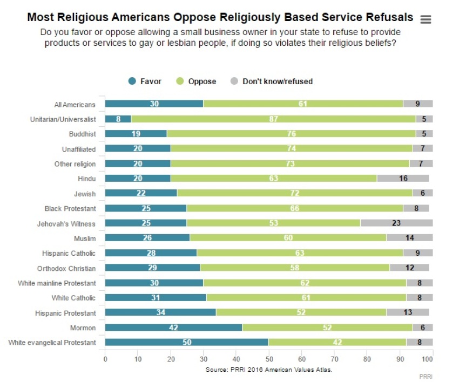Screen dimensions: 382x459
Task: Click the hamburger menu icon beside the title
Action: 426,19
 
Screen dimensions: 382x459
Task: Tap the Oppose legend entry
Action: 197,81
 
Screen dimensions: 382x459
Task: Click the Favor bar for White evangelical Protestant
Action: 186,342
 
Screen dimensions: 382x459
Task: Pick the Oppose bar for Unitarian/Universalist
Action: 273,118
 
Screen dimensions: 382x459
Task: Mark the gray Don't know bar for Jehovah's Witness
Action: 396,222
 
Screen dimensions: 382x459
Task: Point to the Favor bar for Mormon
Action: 173,328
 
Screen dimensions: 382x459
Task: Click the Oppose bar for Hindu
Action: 274,178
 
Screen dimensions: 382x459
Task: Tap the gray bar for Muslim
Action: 409,237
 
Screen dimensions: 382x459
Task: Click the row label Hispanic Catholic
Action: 69,253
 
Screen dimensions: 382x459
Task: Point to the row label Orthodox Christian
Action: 66,268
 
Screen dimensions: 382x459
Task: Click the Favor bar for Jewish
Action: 141,193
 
